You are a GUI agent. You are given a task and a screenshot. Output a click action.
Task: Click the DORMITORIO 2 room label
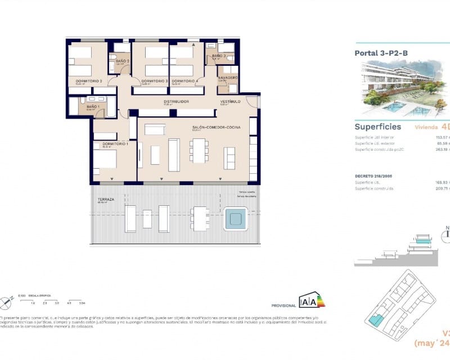84,81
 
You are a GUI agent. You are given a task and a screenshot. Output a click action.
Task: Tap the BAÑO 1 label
93,107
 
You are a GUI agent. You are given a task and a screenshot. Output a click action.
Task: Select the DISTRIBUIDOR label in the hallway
175,102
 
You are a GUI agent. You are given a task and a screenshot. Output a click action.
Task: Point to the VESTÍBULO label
230,102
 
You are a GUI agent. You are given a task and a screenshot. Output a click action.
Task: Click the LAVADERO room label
228,77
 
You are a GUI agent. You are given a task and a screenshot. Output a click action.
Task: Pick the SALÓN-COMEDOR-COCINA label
216,128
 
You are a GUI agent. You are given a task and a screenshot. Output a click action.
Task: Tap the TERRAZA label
105,199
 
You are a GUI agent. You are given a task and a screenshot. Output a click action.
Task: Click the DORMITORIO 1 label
115,145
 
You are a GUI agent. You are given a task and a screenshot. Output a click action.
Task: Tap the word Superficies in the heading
377,127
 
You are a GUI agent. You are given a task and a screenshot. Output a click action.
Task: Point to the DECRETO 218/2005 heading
374,175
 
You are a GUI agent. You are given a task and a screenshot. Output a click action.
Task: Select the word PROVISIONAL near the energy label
283,305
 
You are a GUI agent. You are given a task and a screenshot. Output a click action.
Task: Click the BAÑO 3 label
219,56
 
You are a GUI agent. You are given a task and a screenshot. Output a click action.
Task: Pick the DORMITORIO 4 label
185,81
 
